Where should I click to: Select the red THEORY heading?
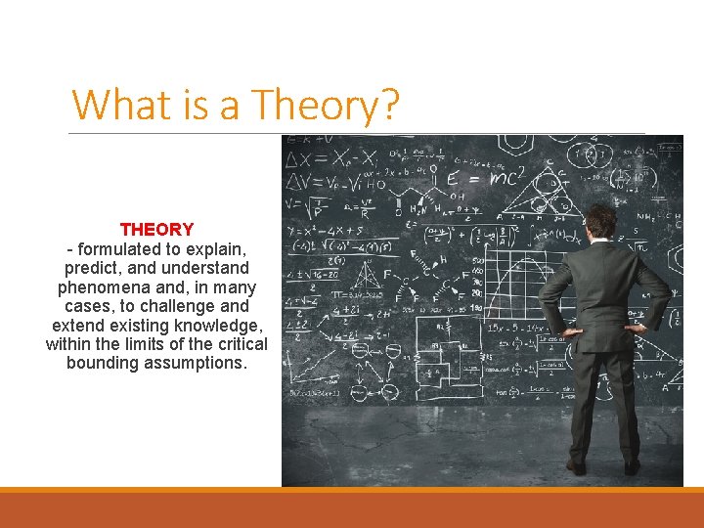pyautogui.click(x=156, y=230)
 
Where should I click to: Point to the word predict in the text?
pyautogui.click(x=92, y=268)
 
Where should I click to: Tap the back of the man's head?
pyautogui.click(x=601, y=220)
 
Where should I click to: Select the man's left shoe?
pyautogui.click(x=633, y=467)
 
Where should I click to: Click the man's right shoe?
pyautogui.click(x=578, y=467)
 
